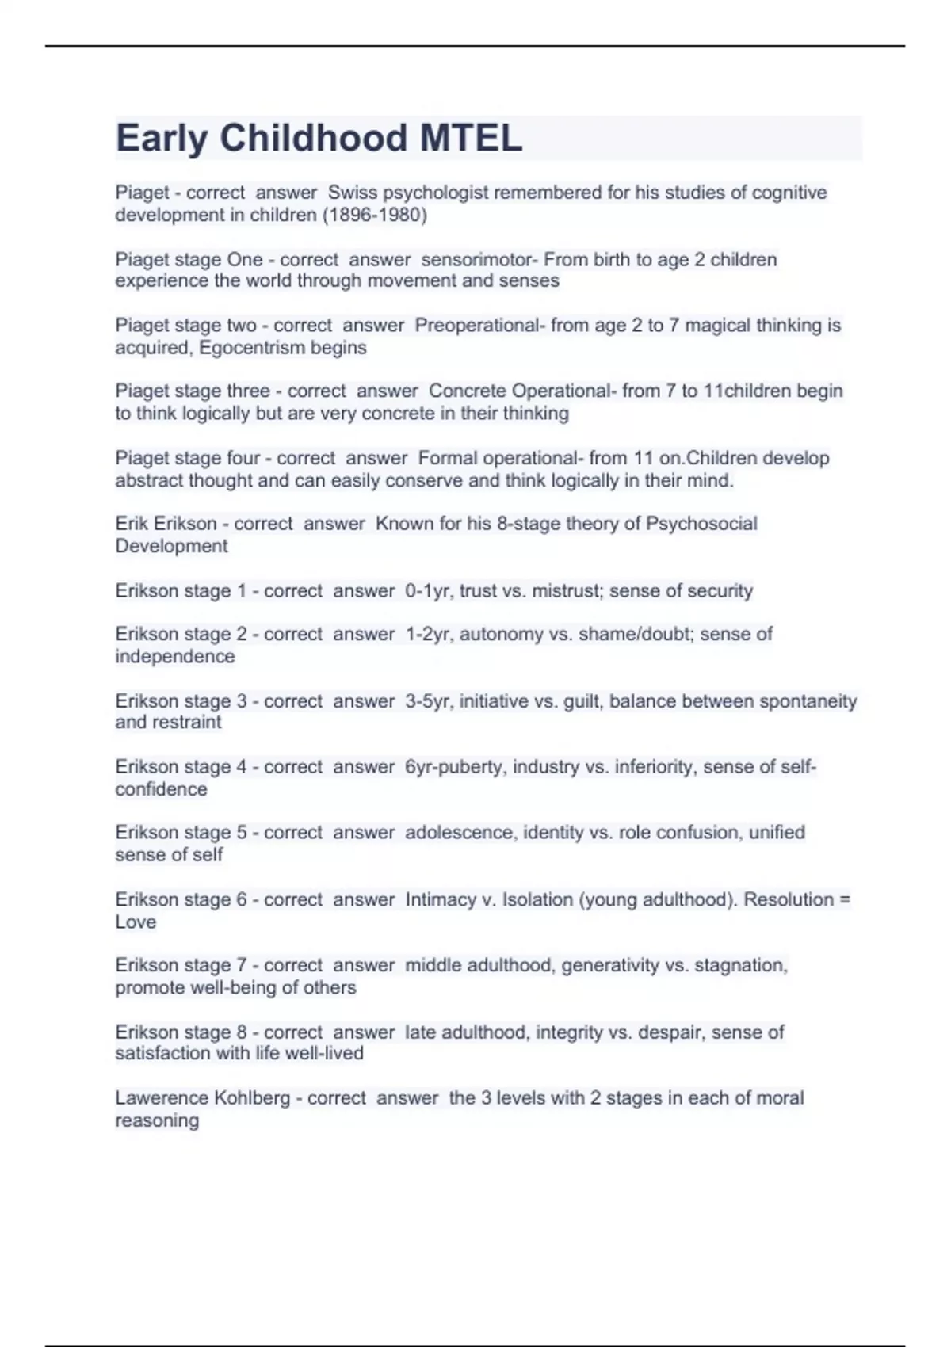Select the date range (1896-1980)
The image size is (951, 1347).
[374, 215]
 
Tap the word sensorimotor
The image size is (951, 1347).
[479, 259]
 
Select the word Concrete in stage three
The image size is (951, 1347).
[468, 391]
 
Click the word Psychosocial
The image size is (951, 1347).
[701, 524]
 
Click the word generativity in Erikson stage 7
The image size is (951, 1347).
[610, 965]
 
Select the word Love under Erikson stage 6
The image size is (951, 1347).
[136, 922]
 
